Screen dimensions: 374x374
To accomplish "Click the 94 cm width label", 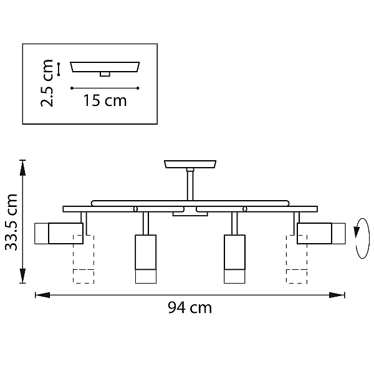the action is click(190, 308).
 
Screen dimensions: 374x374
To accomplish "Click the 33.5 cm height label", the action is click(11, 223).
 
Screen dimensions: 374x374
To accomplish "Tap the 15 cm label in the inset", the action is click(105, 100).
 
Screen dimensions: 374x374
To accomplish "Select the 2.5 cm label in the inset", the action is click(47, 83).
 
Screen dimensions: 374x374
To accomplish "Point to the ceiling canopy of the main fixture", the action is click(190, 164).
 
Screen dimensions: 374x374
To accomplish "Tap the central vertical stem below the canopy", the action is click(190, 185).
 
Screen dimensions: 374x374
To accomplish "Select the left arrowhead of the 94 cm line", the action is click(42, 295).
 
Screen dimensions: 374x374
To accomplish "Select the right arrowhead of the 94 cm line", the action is click(337, 295).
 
